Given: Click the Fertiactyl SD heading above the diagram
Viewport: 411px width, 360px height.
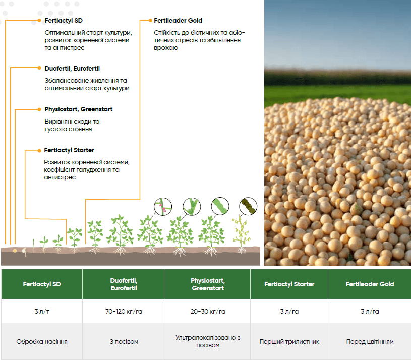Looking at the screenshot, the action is (x=64, y=21).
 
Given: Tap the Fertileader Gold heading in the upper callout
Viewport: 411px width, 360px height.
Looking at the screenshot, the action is (x=178, y=21).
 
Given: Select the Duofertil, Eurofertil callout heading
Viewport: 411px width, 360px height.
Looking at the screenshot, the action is (x=72, y=69).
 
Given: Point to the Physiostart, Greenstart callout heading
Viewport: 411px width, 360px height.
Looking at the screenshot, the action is (x=78, y=109).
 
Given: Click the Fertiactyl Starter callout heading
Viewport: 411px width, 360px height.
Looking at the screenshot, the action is (x=69, y=150).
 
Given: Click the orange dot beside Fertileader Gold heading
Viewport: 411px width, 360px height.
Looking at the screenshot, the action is (x=150, y=21).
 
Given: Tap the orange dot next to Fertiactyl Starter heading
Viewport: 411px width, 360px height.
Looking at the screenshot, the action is (x=39, y=151).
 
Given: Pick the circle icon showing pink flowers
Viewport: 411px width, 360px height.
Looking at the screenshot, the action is (x=163, y=206).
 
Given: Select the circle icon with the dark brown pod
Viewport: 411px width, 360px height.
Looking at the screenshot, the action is (x=248, y=206).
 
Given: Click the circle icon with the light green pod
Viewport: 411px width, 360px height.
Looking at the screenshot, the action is (x=220, y=206).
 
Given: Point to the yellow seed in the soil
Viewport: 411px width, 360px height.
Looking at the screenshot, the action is (x=15, y=251).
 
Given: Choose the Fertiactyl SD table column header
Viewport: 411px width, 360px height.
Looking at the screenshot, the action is (x=42, y=284).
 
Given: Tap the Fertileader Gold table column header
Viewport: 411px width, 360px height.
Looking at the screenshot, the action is (x=370, y=284).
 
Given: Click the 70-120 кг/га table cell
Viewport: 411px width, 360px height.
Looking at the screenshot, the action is (x=124, y=311).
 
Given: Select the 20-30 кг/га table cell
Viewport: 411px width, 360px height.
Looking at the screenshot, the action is (x=208, y=311).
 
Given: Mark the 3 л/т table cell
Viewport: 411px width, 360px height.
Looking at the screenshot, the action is (x=42, y=311).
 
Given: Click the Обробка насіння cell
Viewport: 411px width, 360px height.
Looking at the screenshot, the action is (x=42, y=342).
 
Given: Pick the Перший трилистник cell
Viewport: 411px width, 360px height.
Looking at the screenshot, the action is (x=289, y=342).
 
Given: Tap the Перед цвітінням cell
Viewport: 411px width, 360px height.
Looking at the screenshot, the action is (x=370, y=342).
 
